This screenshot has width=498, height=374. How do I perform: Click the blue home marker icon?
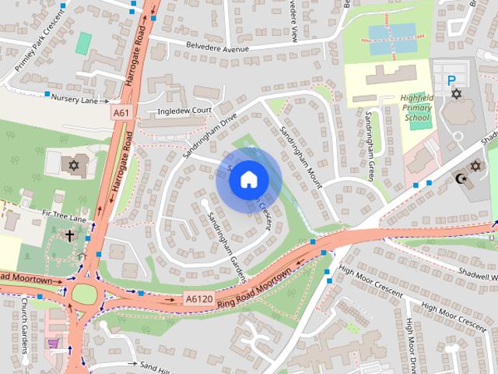coord(248,179)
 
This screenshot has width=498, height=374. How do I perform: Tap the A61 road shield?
coord(121,113)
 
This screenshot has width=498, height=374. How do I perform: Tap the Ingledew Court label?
coord(184,111)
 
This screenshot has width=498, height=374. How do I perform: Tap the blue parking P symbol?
coord(451,79)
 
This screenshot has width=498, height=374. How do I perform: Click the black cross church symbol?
coord(69,235)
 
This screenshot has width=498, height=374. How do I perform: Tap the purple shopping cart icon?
coord(53,343)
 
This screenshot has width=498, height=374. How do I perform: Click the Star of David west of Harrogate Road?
coord(74,165)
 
